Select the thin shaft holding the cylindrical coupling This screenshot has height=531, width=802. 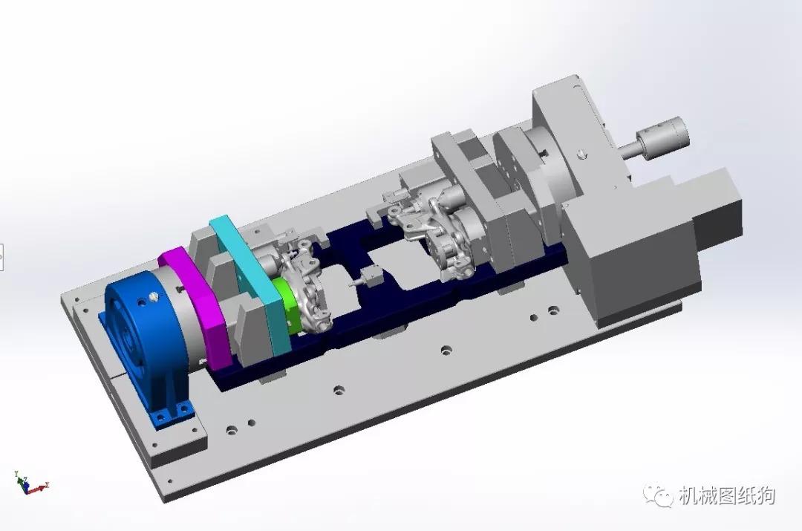(630, 151)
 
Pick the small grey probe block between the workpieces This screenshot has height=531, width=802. (367, 278)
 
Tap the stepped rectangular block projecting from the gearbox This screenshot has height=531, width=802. (717, 208)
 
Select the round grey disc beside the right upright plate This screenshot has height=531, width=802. (553, 167)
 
